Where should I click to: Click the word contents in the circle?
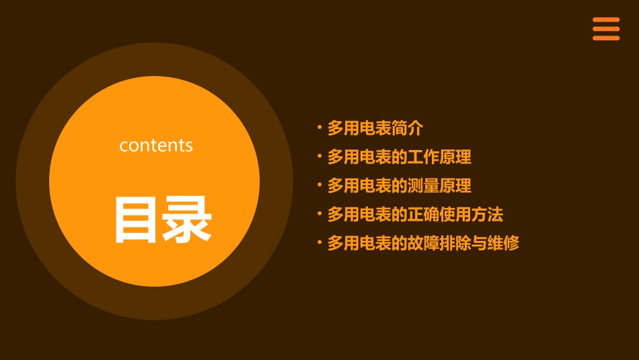pos(156,145)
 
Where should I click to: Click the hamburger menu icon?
pos(606,29)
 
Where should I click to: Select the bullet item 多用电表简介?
pos(375,128)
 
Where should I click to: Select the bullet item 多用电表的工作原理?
pos(399,157)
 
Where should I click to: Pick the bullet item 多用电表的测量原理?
pos(399,186)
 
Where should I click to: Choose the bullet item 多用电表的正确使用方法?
pos(415,215)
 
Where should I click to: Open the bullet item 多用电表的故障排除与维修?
pos(423,244)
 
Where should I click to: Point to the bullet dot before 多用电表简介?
pos(319,127)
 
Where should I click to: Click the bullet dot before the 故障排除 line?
pos(319,242)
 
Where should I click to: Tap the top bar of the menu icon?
pos(606,20)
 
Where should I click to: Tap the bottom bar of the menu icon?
pos(606,38)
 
